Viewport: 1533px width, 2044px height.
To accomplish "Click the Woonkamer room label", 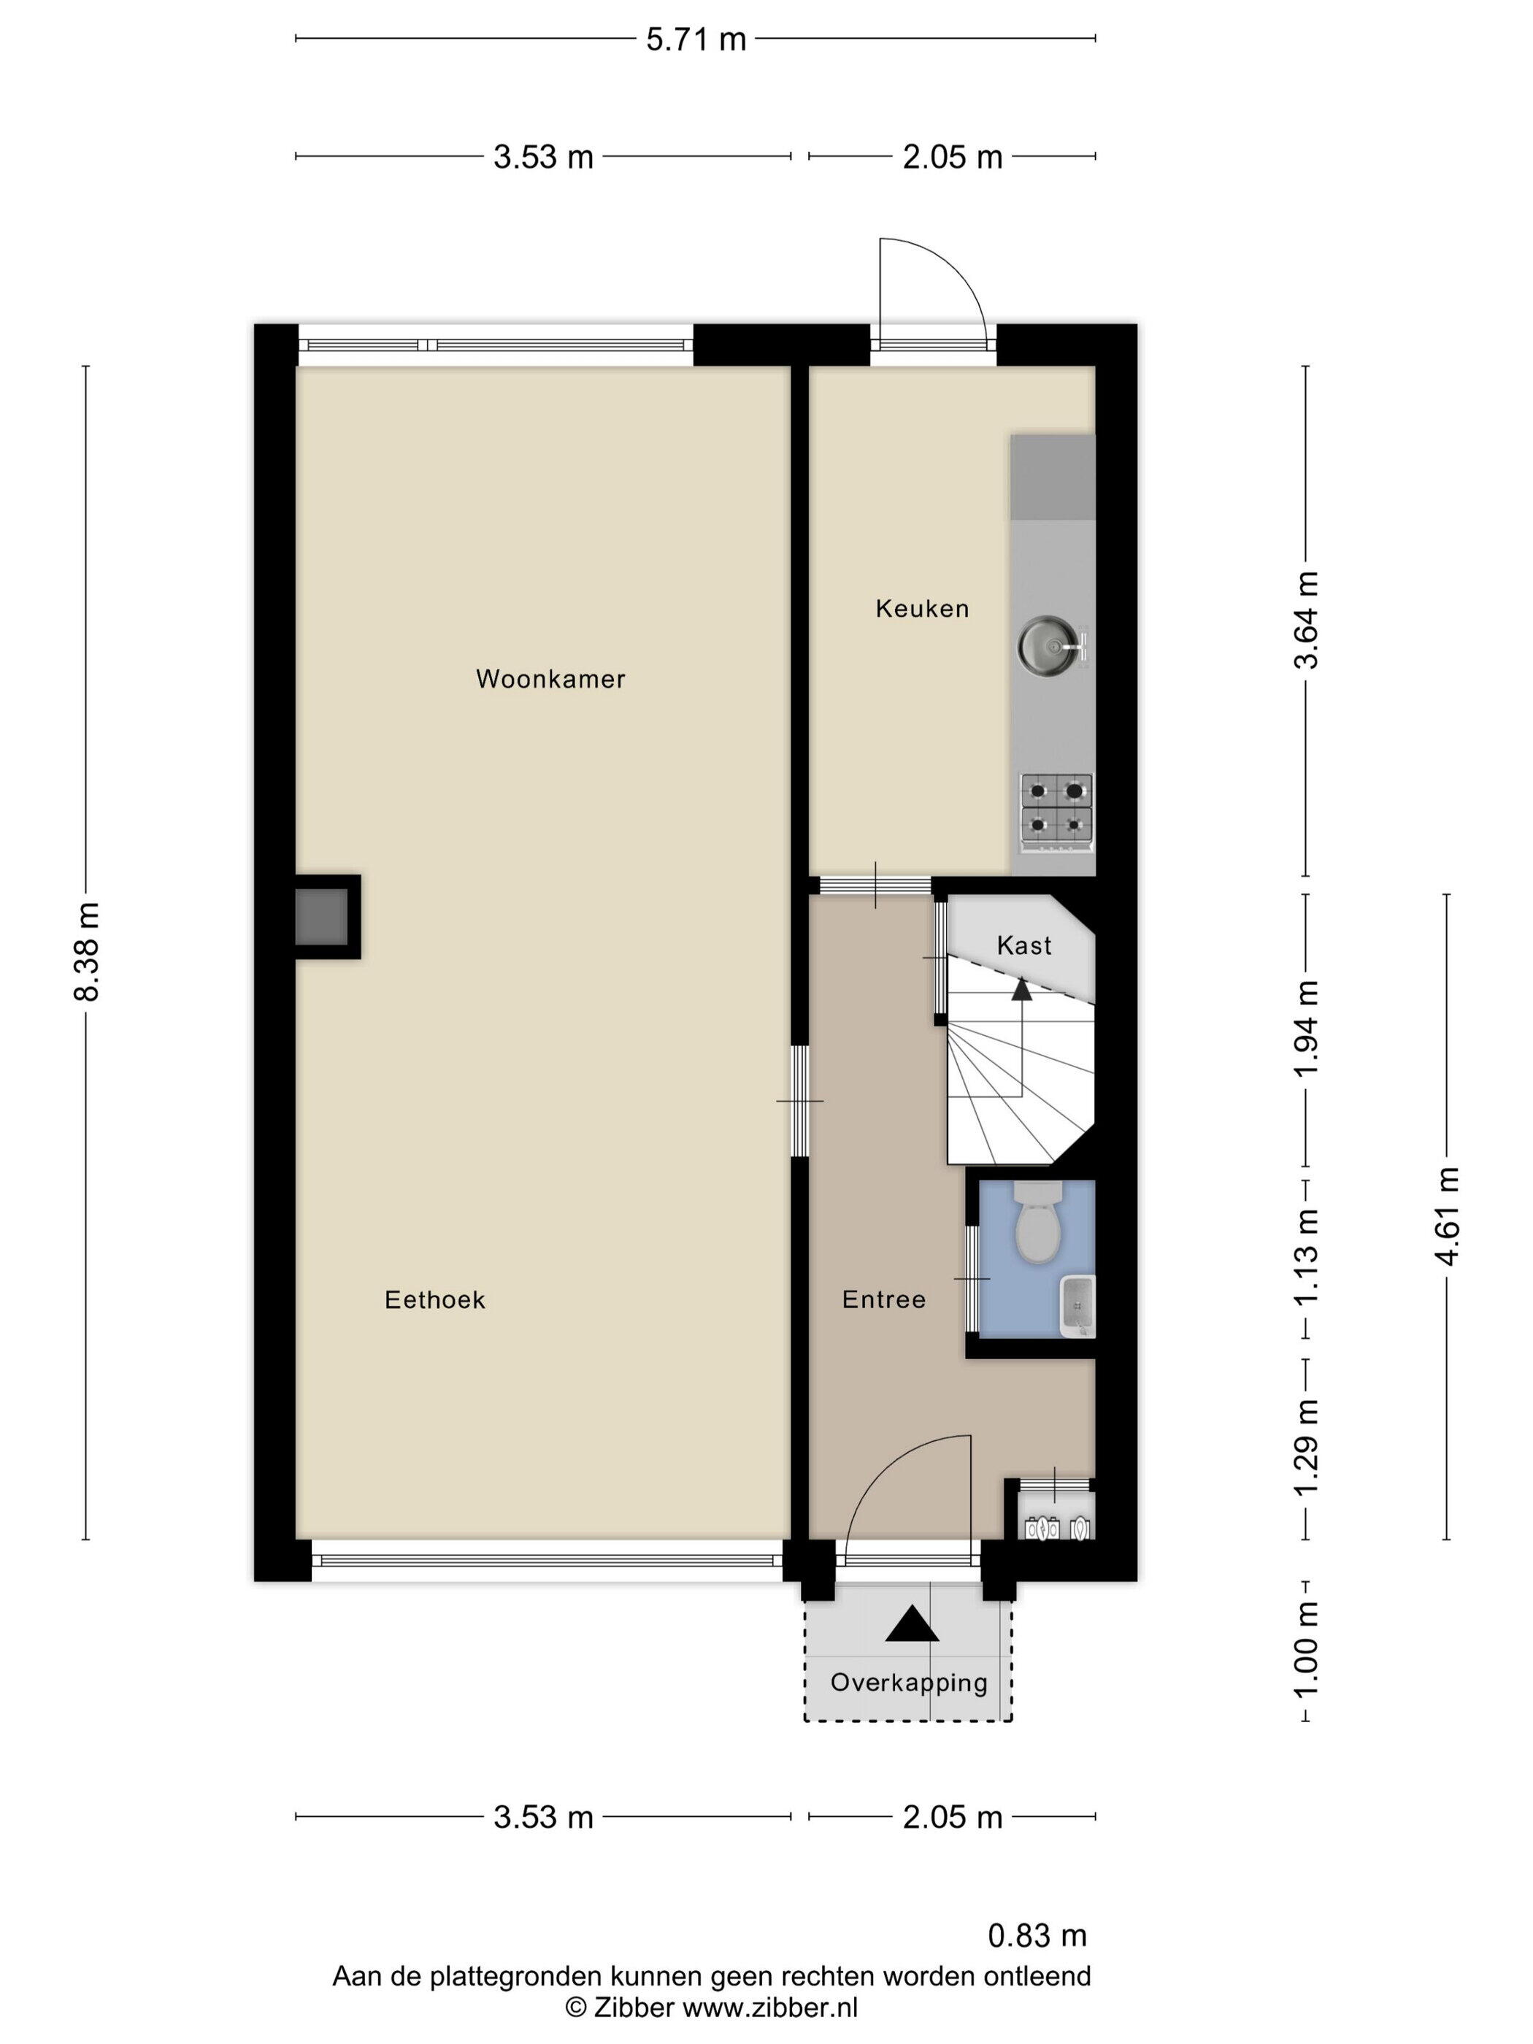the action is (x=550, y=679).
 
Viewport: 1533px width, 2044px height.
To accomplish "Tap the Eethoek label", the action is (x=435, y=1300).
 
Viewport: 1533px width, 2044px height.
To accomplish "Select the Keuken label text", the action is (x=922, y=608).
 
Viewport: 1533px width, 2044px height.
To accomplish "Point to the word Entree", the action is (x=883, y=1300).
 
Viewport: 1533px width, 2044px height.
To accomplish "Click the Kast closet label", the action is (x=1024, y=945).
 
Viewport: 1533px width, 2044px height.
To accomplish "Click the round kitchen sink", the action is (x=1053, y=644).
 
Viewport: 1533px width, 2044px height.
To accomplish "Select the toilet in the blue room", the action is (x=1038, y=1221).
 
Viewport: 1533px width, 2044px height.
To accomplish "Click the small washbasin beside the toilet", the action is (x=1078, y=1307).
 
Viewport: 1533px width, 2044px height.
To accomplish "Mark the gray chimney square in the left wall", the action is (x=322, y=915).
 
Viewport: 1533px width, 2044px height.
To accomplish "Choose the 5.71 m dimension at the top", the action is (x=696, y=39).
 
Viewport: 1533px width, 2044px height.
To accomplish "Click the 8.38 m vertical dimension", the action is (x=86, y=952).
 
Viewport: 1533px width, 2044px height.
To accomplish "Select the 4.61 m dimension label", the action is (x=1446, y=1215).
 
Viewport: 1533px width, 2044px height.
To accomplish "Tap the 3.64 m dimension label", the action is (x=1306, y=619).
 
